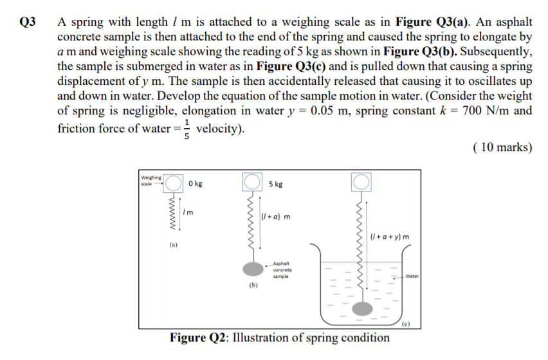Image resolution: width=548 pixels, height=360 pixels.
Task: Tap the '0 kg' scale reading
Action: coord(196,184)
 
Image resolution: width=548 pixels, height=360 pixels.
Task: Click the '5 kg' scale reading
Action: coord(275,184)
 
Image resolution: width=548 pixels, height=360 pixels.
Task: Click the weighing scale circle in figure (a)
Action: coord(174,184)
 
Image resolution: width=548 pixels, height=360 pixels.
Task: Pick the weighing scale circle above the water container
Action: coord(361,183)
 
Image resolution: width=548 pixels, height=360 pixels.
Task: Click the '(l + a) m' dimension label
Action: coord(275,216)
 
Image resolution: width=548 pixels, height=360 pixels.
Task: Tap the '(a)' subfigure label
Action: coord(174,245)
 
